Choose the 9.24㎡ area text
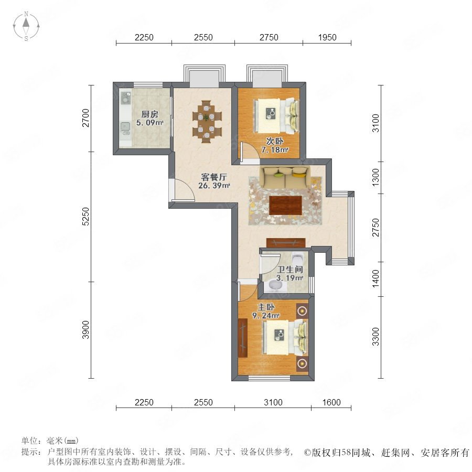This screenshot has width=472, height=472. pyautogui.click(x=266, y=316)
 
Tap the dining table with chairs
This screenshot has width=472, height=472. pyautogui.click(x=206, y=120)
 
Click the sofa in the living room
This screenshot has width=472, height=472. pyautogui.click(x=284, y=177)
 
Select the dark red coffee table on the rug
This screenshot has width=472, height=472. pyautogui.click(x=285, y=205)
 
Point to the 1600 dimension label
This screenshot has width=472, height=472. pyautogui.click(x=332, y=403)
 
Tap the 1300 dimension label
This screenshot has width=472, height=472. pyautogui.click(x=375, y=178)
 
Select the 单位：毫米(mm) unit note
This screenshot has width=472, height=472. pyautogui.click(x=50, y=442)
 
